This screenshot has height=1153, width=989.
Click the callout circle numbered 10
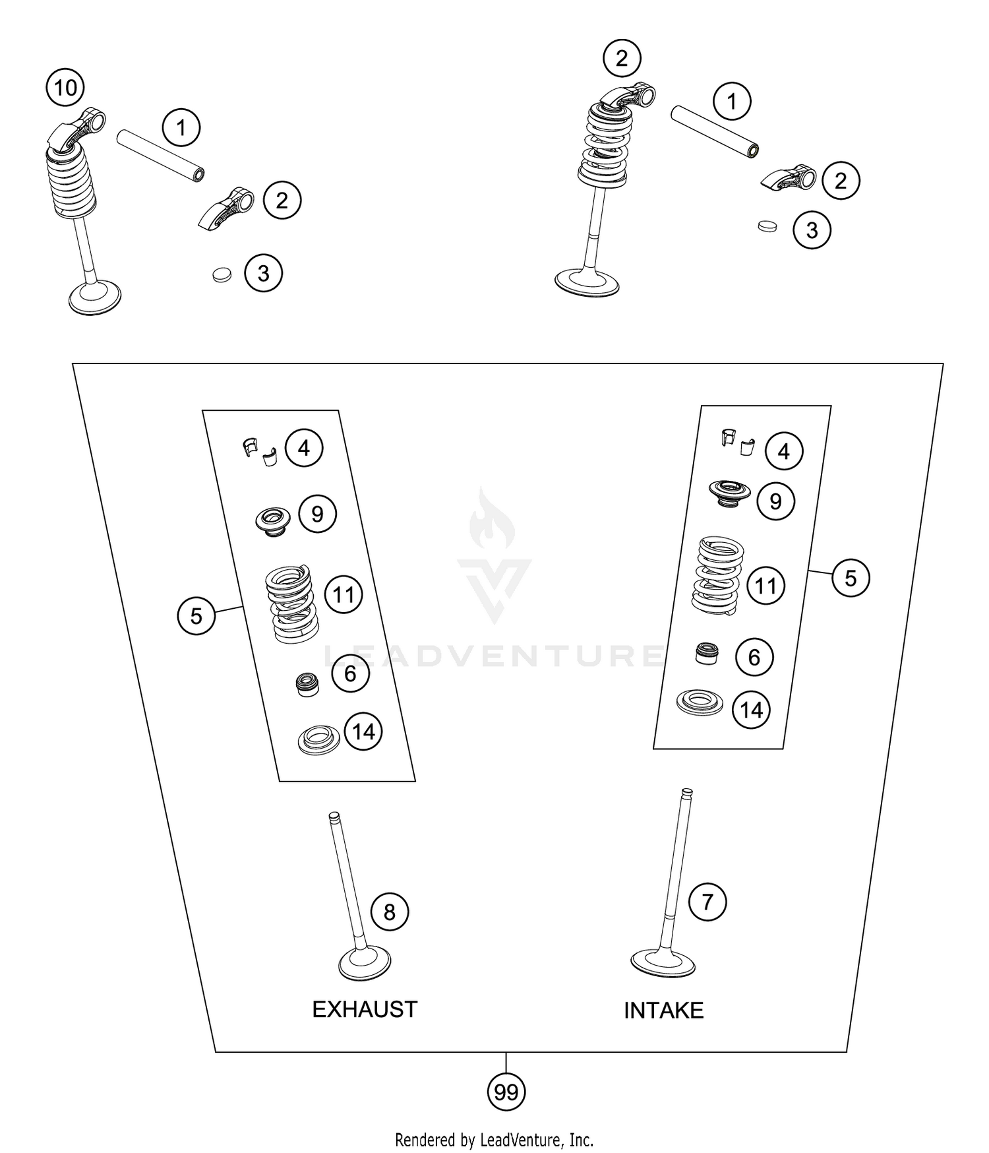[65, 87]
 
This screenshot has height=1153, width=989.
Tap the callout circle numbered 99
[506, 1092]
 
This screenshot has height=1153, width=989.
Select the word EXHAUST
[365, 1009]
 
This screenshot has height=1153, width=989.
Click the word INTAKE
[663, 1011]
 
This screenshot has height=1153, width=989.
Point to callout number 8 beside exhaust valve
[390, 912]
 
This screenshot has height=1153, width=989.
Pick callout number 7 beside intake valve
[707, 901]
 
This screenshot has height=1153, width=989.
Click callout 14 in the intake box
[752, 710]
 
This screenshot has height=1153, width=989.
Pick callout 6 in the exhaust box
[350, 673]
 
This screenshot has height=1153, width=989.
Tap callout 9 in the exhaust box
[317, 514]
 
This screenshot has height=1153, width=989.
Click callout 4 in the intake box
[784, 451]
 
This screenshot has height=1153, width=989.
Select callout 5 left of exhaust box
[196, 615]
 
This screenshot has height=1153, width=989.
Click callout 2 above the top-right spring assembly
[622, 59]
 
